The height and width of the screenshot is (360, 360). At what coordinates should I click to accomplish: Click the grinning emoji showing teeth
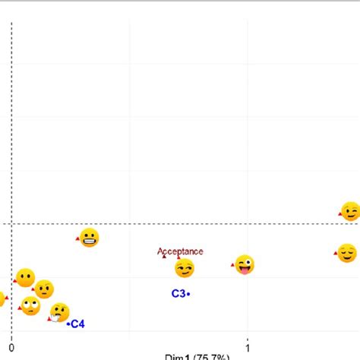[x=90, y=238]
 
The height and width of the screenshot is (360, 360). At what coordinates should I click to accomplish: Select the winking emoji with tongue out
[x=244, y=265]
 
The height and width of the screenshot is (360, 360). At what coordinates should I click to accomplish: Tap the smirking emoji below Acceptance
[x=185, y=268]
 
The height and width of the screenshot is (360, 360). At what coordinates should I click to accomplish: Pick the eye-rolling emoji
[x=30, y=306]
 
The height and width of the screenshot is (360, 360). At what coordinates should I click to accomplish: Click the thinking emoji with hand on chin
[x=59, y=312]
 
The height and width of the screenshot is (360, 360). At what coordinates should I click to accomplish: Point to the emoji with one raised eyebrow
[x=44, y=289]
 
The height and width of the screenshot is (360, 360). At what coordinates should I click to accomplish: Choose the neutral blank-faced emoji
[x=25, y=277]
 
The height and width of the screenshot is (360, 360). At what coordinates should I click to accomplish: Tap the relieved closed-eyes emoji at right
[x=346, y=252]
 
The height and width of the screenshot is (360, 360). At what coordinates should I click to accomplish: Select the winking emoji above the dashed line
[x=349, y=211]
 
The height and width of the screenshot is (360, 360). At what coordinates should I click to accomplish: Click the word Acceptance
[x=180, y=251]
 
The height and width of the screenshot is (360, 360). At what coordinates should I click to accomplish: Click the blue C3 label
[x=178, y=294]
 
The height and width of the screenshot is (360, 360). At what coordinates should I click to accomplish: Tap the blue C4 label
[x=78, y=324]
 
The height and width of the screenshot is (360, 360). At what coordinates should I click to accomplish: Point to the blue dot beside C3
[x=188, y=294]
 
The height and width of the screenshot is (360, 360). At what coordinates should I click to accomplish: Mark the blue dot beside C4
[x=68, y=324]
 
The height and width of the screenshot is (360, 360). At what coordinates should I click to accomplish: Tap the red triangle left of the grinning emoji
[x=77, y=239]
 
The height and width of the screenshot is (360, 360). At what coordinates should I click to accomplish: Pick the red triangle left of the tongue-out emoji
[x=232, y=265]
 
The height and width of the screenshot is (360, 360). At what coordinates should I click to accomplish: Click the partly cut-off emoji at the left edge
[x=2, y=298]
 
